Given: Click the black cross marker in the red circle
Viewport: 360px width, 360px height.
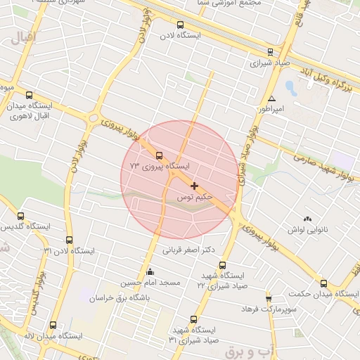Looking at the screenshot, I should click(x=194, y=186).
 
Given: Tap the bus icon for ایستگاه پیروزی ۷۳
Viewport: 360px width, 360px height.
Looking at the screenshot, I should click(x=159, y=155).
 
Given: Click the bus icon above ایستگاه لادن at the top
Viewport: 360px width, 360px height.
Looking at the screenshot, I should click(x=181, y=24).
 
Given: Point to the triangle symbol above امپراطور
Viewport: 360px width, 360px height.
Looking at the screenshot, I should click(x=272, y=98).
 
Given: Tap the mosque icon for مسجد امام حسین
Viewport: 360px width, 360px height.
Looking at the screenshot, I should click(x=149, y=272).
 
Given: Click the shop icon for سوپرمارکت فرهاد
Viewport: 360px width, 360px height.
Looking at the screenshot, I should click(x=269, y=299).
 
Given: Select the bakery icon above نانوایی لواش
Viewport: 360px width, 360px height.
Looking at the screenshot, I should click(x=307, y=220).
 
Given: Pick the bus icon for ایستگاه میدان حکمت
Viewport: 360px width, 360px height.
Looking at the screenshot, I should click(x=323, y=283).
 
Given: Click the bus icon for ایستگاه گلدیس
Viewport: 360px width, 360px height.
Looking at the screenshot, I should click(x=20, y=217).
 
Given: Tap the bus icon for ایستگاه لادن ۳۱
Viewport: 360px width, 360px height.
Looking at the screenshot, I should click(x=69, y=240).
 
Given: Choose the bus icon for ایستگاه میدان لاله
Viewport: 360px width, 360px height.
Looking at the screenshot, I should click(x=53, y=325).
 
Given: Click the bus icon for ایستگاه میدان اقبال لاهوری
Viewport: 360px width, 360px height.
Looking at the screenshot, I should click(x=29, y=95).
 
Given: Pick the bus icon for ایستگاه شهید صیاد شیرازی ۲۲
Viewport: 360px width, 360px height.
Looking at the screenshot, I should click(x=223, y=266).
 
